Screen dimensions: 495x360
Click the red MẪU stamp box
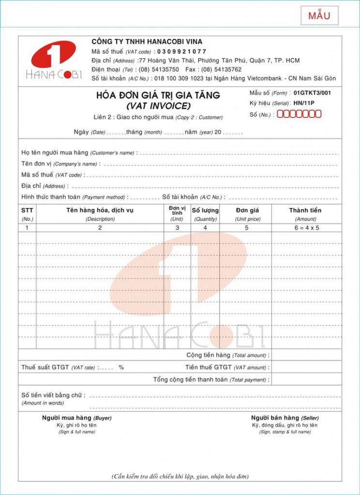[319, 15]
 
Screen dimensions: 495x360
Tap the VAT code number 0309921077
[180, 51]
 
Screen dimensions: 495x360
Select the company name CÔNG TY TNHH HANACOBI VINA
[147, 42]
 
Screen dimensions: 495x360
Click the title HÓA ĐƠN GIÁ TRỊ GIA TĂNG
[158, 95]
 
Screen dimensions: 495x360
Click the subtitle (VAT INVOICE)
[158, 105]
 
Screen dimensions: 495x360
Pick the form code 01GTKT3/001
[312, 93]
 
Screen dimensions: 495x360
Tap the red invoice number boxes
[299, 114]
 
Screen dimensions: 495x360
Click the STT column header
[27, 210]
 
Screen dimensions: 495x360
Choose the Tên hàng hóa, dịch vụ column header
[100, 210]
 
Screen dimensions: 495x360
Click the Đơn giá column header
[247, 210]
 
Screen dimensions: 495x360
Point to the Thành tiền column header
[305, 210]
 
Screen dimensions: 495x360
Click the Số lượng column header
[205, 210]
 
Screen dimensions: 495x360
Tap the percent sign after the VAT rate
[121, 367]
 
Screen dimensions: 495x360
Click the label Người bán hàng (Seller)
[285, 418]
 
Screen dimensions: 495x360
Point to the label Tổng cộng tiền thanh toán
[191, 379]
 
